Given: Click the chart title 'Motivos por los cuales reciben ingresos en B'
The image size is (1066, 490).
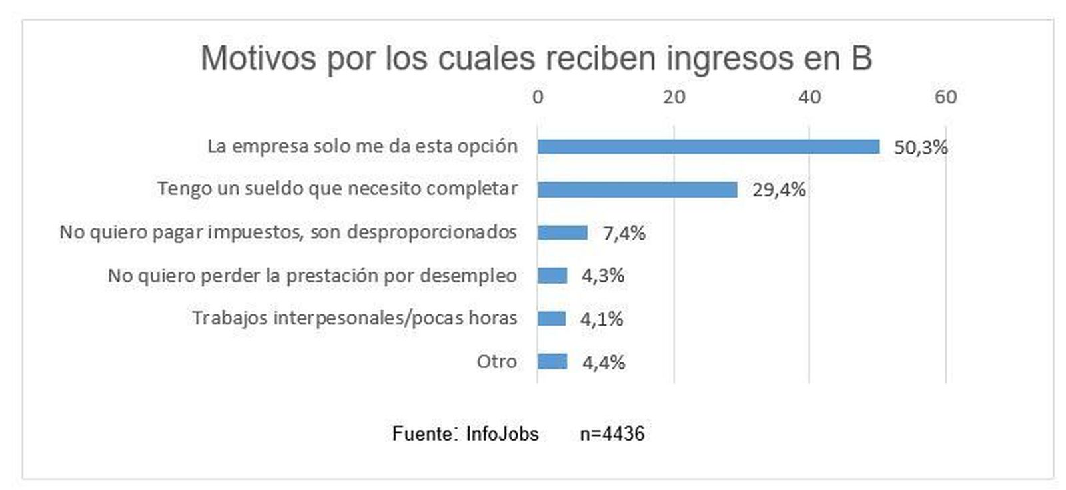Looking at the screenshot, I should [x=536, y=58].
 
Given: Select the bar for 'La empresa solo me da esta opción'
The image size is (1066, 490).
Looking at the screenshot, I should [x=708, y=146].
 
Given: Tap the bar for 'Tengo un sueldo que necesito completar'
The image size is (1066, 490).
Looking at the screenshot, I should [x=637, y=190].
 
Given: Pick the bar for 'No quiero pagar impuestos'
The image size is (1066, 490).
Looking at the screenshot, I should [x=562, y=232].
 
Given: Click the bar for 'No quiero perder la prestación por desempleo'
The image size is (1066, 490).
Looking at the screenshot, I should [x=552, y=275].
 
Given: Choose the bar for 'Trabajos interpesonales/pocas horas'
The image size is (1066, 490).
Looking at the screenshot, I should [x=552, y=318].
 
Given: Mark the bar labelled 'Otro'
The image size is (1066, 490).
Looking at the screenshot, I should [x=552, y=362].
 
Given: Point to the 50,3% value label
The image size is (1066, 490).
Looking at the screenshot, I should [x=921, y=148].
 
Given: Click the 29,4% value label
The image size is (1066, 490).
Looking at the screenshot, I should [x=779, y=190].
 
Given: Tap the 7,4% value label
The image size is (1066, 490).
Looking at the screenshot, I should [x=624, y=233].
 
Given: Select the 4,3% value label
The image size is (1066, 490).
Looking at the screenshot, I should [x=603, y=276].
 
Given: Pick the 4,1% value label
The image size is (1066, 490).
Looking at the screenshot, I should [x=602, y=319].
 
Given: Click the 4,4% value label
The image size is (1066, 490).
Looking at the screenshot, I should [x=604, y=363].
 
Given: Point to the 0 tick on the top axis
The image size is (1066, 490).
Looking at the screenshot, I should [x=538, y=97].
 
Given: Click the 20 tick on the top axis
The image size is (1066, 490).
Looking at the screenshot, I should [x=674, y=97].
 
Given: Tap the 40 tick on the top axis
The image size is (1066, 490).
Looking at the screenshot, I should [x=809, y=97].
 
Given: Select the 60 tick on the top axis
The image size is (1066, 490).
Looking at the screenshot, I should [x=945, y=97].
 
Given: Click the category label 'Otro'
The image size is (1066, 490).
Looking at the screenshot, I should [x=497, y=362].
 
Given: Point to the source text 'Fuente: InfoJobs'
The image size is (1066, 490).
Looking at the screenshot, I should [x=465, y=434].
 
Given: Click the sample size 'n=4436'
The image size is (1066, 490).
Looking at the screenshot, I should [x=612, y=434].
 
